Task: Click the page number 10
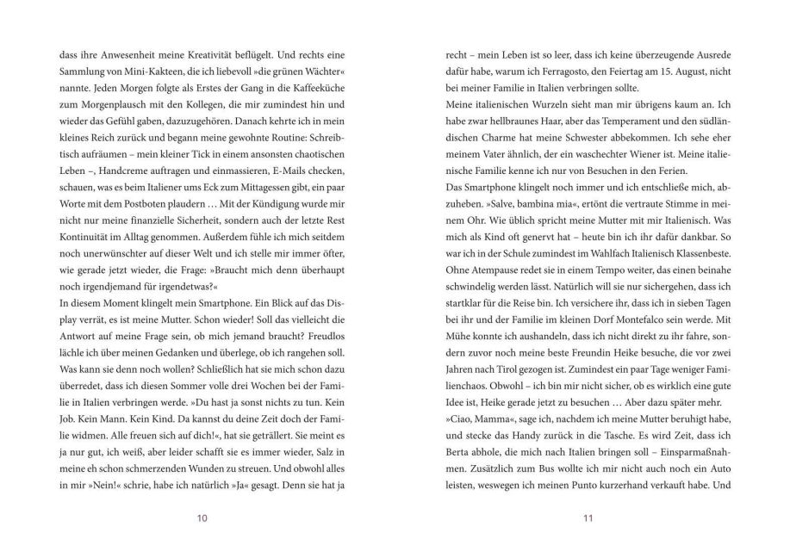tap(202, 518)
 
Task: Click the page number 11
tap(588, 518)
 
